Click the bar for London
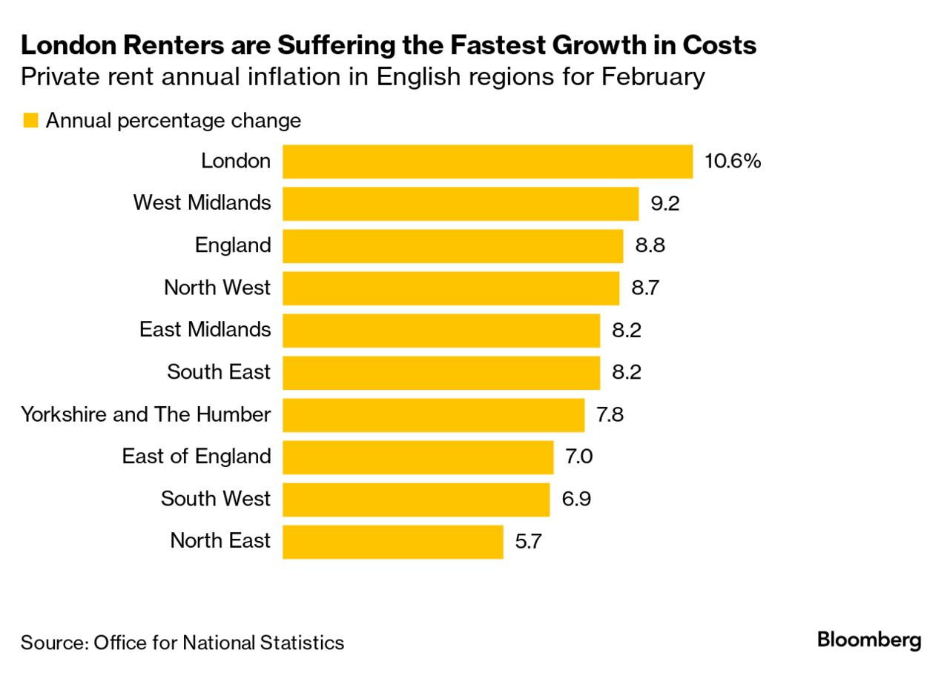point(487,162)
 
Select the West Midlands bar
point(461,204)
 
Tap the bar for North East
point(392,542)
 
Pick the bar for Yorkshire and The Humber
point(433,415)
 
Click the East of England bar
point(418,457)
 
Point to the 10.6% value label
point(733,162)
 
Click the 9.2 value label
point(664,204)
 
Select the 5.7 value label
point(529,542)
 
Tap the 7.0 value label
point(579,457)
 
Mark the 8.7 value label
point(645,288)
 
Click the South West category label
point(216,499)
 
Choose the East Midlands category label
point(205,329)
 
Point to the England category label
point(233,245)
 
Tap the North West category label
point(217,288)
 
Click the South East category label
point(219,372)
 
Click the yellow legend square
point(30,121)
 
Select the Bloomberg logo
point(869,640)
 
